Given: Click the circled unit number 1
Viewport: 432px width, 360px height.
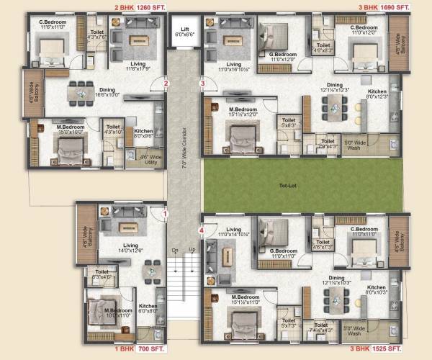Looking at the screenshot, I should coord(165,213).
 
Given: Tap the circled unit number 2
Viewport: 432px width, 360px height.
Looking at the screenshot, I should coord(166,84).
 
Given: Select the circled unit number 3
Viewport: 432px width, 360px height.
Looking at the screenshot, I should coord(203,84).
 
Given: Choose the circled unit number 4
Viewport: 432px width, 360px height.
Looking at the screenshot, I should coord(202,230).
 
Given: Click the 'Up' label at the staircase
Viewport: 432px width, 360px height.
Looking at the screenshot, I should coord(192,250).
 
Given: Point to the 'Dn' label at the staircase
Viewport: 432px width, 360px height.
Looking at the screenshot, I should coord(176,250).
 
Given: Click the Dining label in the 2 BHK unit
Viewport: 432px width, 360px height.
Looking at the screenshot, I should coord(107,91).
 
